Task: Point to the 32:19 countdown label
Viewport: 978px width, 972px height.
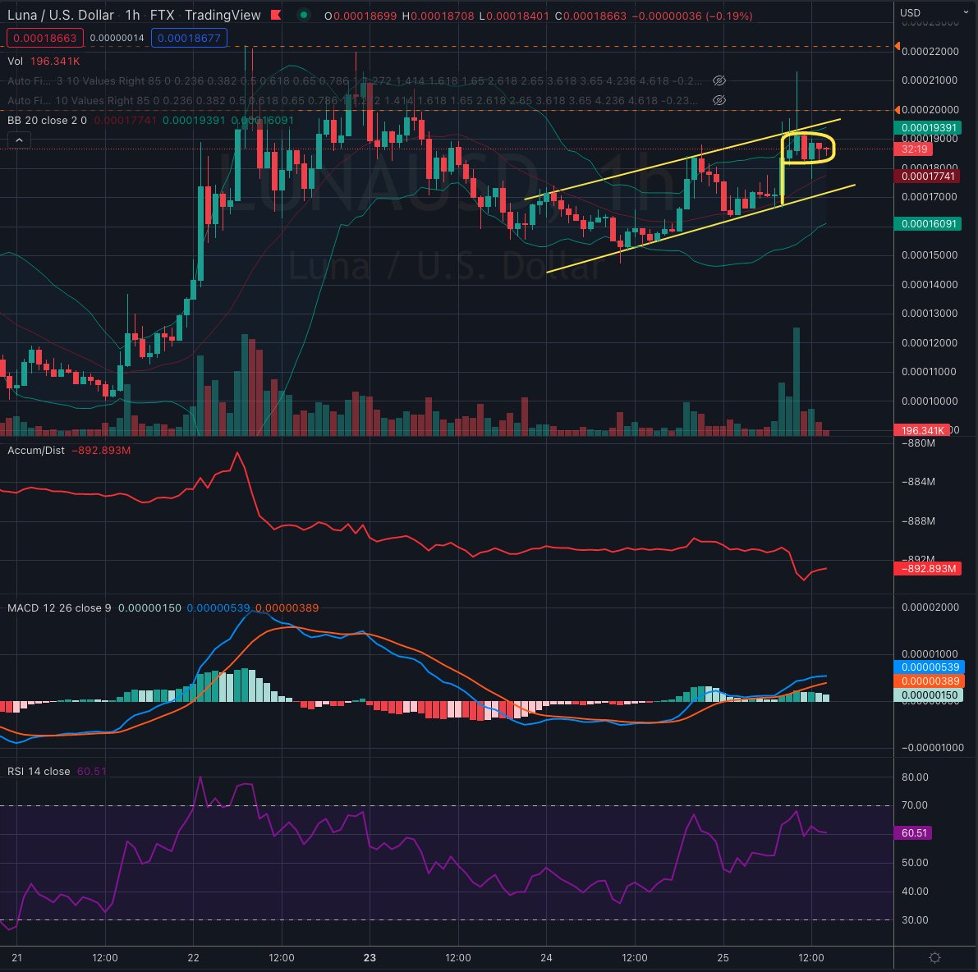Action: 914,149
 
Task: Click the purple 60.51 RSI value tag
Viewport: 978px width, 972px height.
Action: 914,832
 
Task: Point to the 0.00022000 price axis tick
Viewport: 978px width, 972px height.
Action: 930,51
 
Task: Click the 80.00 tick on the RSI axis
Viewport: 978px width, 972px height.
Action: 915,777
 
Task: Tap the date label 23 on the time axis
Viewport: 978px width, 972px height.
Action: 370,958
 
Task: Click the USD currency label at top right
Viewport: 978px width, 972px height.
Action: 910,12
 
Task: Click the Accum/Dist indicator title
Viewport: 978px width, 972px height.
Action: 36,450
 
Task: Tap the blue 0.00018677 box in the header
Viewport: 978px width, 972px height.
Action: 189,38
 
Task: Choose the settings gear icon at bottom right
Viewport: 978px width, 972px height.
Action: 935,958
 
